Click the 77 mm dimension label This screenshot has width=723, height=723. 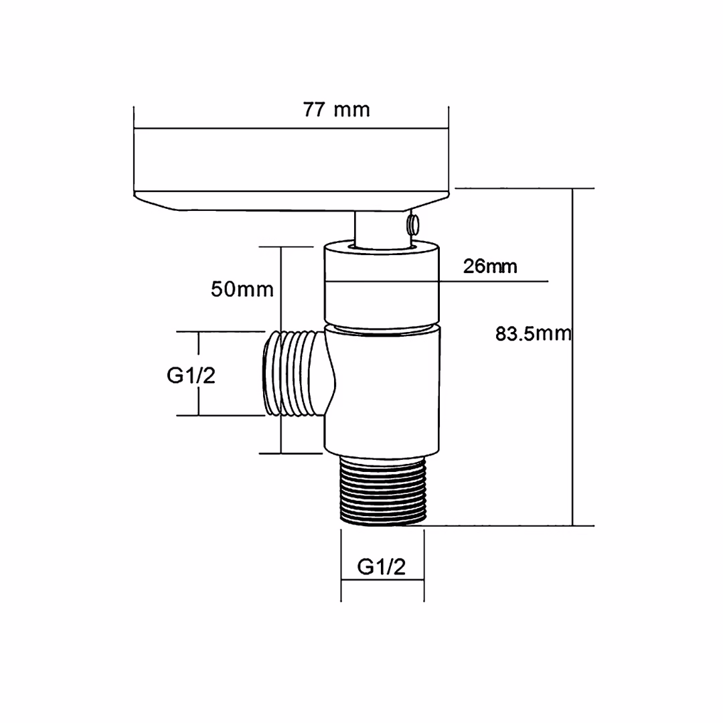click(x=336, y=110)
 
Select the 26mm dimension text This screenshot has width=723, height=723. click(x=490, y=266)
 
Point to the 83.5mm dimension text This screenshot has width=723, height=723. click(x=533, y=333)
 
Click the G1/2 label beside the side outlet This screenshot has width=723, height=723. click(x=191, y=376)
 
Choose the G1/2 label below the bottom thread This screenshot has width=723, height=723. click(x=382, y=567)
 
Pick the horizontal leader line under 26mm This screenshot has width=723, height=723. click(x=495, y=281)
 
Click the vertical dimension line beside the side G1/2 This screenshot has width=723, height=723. click(x=198, y=402)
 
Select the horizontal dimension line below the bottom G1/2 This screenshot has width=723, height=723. click(x=382, y=581)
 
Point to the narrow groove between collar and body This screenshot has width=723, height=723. click(x=382, y=328)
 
